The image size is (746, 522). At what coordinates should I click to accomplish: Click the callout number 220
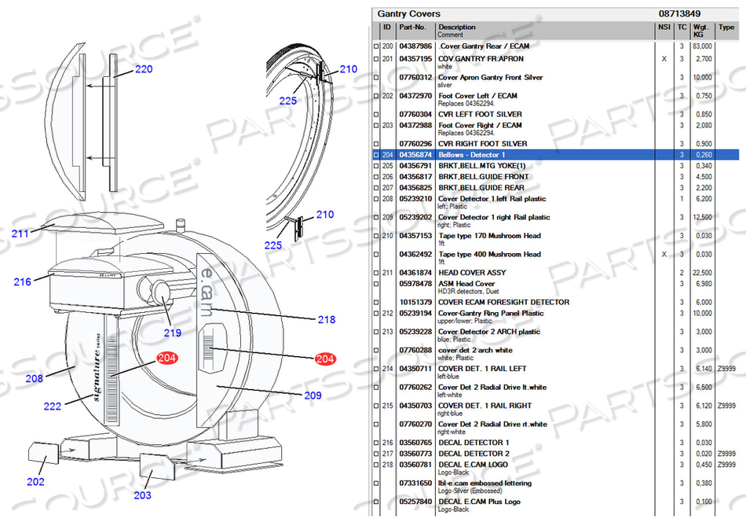143,69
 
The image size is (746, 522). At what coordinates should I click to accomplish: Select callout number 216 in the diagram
22,281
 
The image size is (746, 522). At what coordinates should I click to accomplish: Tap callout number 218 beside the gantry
326,319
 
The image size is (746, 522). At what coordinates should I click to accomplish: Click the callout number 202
35,481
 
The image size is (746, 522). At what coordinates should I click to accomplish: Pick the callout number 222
53,406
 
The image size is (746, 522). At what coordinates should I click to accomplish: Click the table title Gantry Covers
408,13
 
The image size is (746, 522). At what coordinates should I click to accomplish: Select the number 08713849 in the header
679,13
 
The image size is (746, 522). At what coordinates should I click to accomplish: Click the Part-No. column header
413,28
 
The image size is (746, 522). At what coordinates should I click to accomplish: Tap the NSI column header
664,28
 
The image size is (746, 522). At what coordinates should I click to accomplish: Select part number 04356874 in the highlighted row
415,155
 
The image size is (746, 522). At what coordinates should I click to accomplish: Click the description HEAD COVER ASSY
472,273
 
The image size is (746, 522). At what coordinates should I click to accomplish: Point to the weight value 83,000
701,46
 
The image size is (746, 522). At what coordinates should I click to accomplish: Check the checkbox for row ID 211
376,273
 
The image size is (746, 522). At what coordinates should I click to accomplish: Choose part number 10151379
415,302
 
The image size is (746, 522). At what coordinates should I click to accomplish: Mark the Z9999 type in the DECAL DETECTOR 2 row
727,454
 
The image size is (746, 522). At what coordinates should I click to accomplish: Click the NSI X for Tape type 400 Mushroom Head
664,255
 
